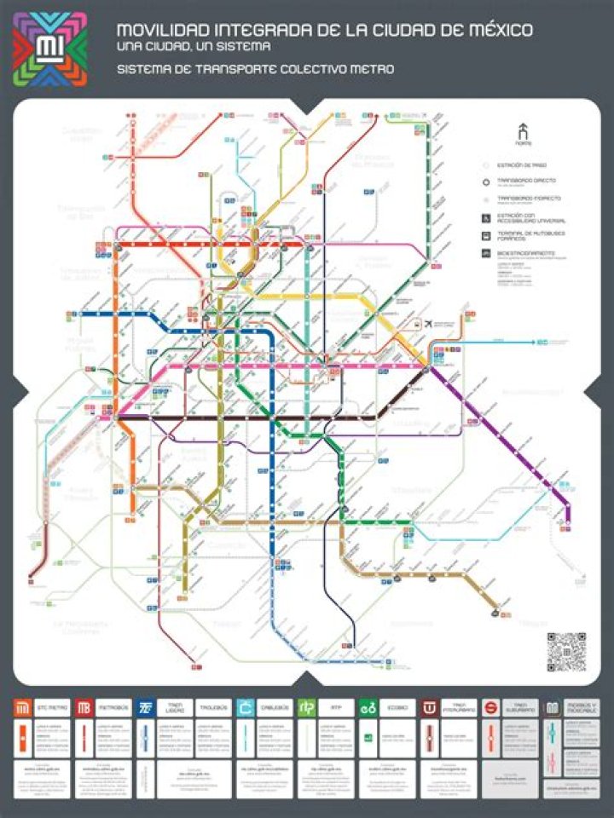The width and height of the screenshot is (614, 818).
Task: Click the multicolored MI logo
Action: [x=49, y=49]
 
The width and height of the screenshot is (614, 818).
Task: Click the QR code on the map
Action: [x=566, y=652]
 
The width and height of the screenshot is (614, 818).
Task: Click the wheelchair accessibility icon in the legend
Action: [x=485, y=216]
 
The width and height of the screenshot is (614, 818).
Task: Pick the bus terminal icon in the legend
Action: [x=485, y=235]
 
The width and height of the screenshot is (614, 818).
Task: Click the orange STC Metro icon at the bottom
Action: [x=23, y=708]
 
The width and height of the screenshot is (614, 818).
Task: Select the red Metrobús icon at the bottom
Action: [x=84, y=708]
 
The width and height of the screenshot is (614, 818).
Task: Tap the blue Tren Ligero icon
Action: [x=145, y=708]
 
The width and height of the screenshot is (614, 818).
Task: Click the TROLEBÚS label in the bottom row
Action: [x=213, y=708]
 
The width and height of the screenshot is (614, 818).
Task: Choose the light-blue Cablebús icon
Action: [x=246, y=708]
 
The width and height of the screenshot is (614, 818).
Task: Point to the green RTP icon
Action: [x=306, y=708]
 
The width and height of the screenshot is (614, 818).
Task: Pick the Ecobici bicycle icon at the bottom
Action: [x=368, y=708]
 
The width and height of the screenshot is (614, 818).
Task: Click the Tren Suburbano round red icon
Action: [x=490, y=708]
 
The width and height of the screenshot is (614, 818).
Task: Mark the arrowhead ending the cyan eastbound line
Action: [x=542, y=342]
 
